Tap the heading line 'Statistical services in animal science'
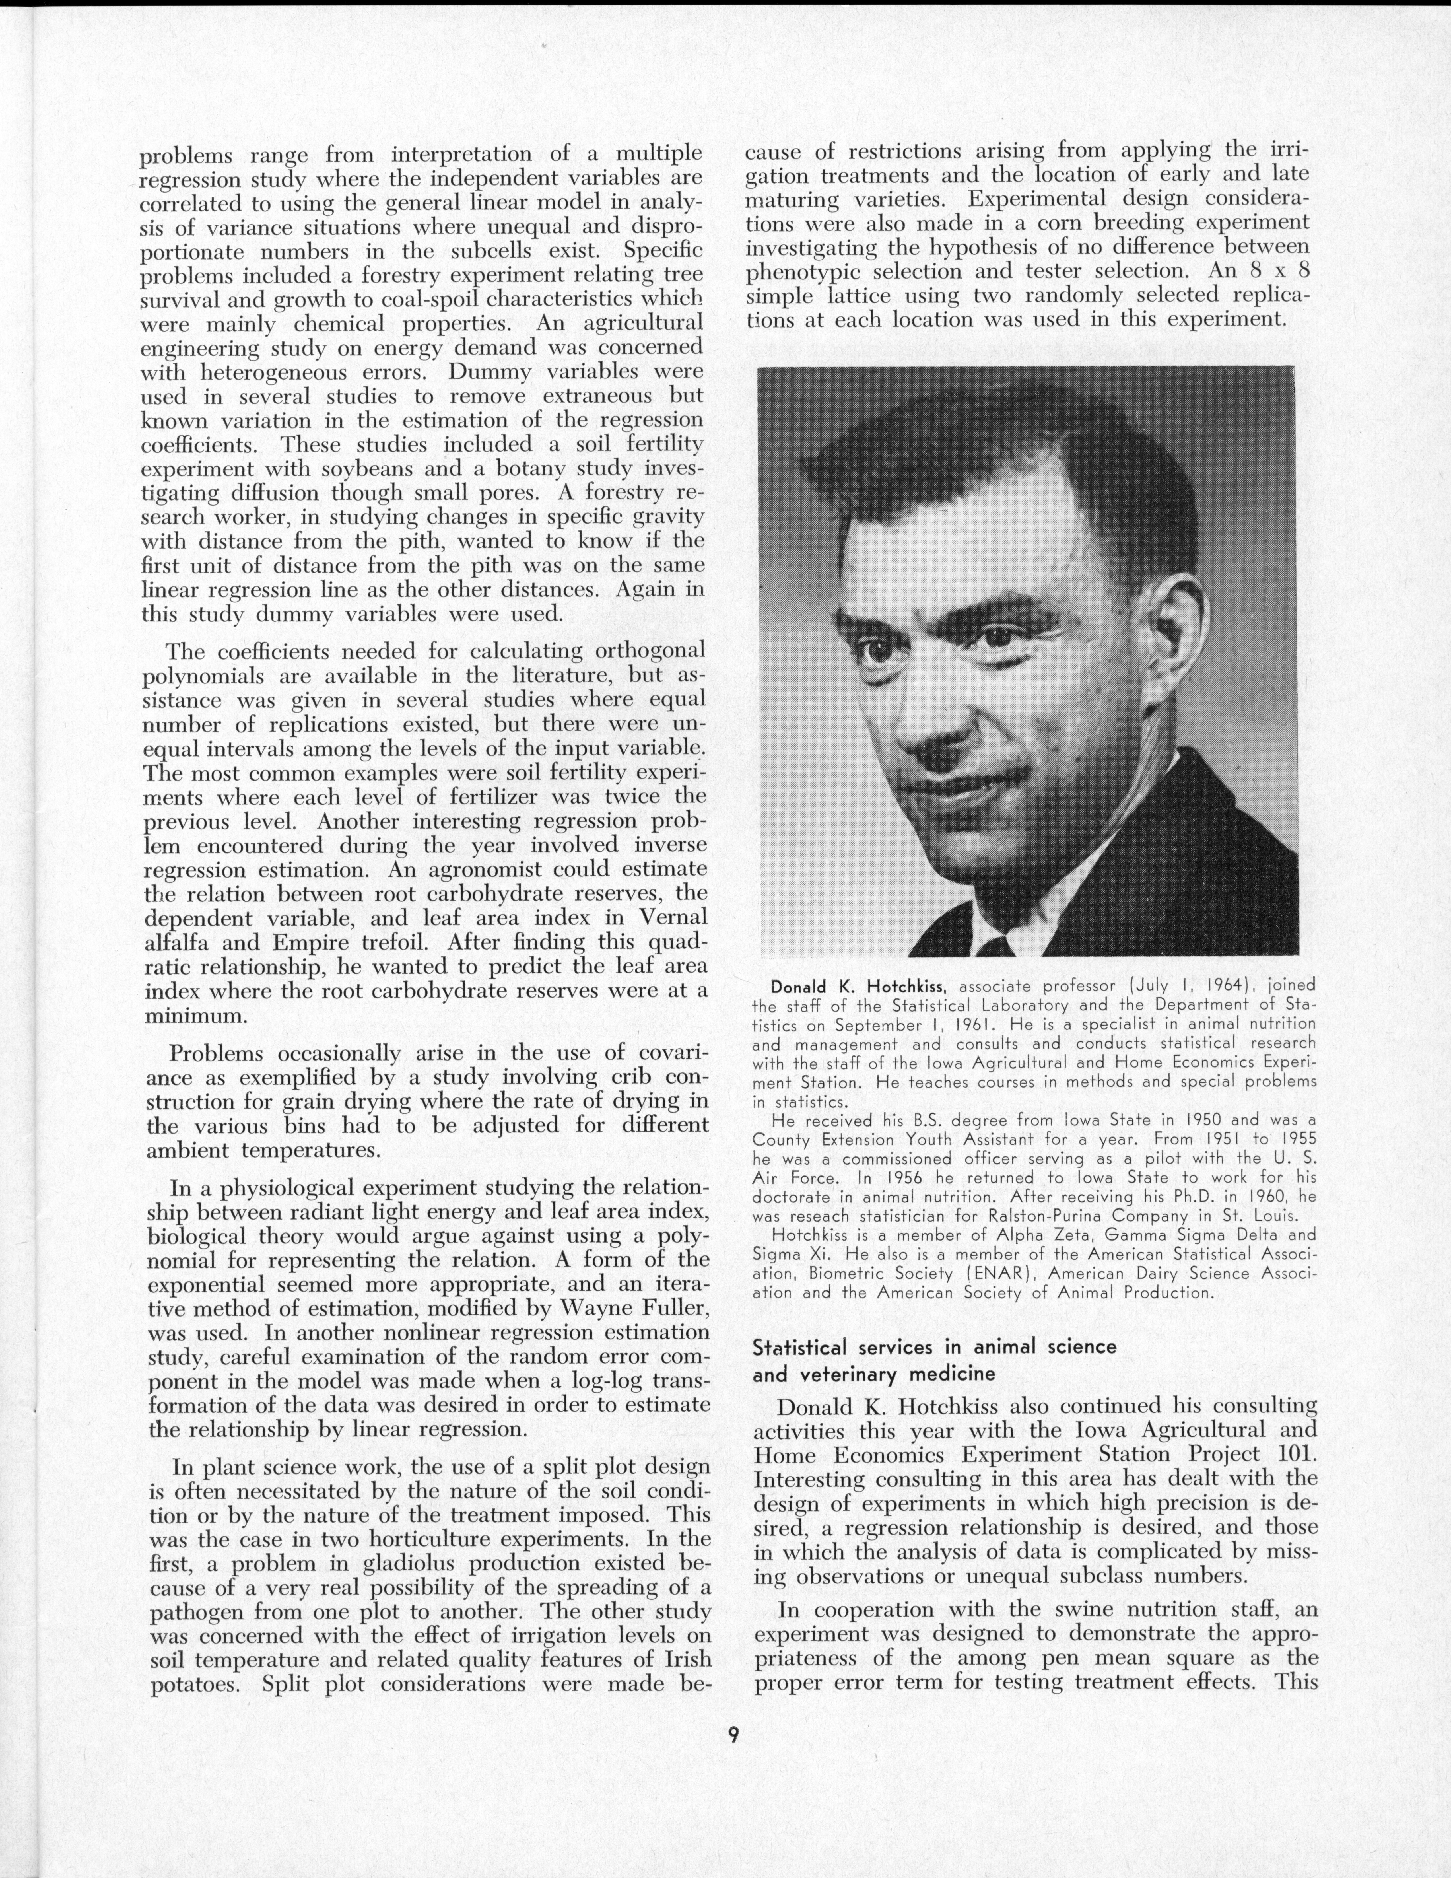click(x=934, y=1346)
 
